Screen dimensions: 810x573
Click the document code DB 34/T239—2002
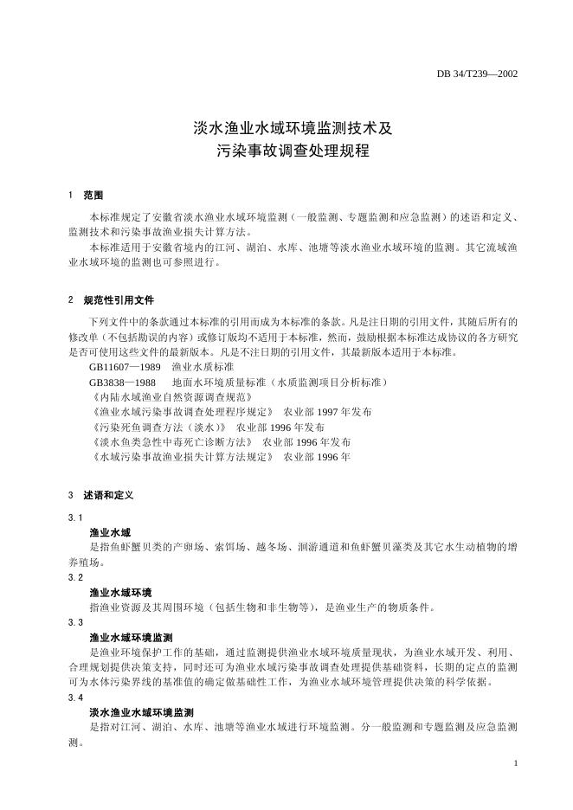coord(477,74)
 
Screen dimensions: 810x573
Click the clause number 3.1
coord(75,517)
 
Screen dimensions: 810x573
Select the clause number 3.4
coord(75,697)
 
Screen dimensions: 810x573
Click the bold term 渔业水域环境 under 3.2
coord(120,592)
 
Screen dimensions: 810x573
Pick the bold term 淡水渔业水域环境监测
coord(141,711)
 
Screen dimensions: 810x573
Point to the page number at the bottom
coord(515,763)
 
